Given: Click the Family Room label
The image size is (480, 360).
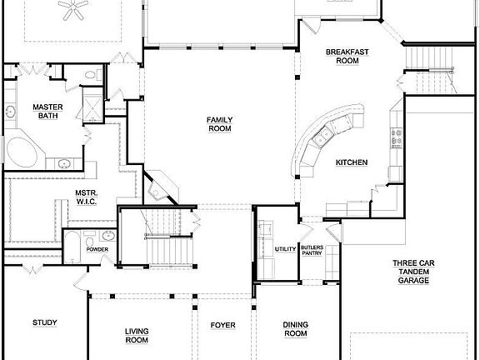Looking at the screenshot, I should tap(219, 124).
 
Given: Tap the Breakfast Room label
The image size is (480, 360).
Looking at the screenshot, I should tap(342, 57).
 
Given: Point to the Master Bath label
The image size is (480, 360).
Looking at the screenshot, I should tap(43, 112).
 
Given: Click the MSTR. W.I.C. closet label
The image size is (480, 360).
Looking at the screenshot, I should tap(87, 197).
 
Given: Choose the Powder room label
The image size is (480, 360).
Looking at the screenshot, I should tap(98, 249).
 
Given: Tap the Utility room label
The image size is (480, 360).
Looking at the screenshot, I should tap(286, 249).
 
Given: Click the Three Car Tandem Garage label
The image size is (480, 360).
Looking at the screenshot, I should tap(412, 272).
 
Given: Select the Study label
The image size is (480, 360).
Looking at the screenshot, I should tap(44, 322).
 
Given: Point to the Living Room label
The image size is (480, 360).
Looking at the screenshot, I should tap(137, 335).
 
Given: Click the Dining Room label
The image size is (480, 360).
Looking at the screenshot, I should tap(295, 328).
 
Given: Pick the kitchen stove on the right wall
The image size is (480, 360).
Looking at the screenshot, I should tap(395, 133).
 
